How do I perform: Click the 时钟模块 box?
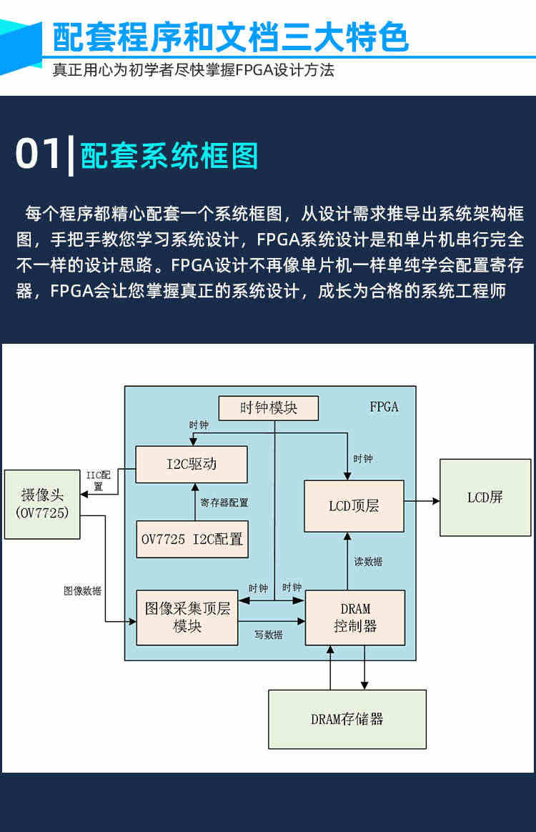[x=269, y=408]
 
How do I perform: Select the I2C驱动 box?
[x=192, y=465]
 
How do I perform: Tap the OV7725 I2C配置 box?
[x=192, y=539]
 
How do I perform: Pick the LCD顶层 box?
[x=354, y=506]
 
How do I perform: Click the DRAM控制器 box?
[x=355, y=618]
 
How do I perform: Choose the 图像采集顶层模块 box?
[x=187, y=618]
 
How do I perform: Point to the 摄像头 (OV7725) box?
[x=42, y=504]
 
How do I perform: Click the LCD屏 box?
[x=485, y=497]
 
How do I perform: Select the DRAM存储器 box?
[x=347, y=719]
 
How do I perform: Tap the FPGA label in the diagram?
[x=384, y=407]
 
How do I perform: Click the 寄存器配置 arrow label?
[x=224, y=502]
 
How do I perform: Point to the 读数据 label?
[x=368, y=561]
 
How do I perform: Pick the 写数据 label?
[x=269, y=635]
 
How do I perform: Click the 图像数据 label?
[x=82, y=590]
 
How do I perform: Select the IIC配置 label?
[x=98, y=480]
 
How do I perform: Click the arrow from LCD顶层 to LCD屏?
[x=422, y=500]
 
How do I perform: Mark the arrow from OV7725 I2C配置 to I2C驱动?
[x=195, y=502]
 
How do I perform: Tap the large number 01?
[x=38, y=154]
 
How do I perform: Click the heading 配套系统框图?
[x=169, y=156]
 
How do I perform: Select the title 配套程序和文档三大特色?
[x=231, y=37]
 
